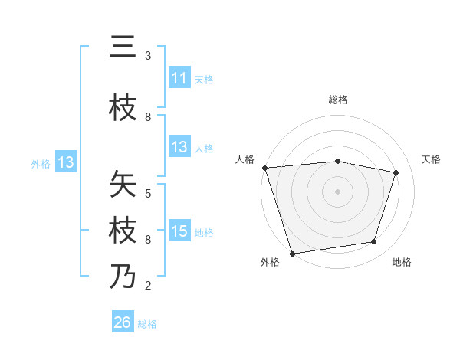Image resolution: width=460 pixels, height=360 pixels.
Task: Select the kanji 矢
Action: [x=123, y=185]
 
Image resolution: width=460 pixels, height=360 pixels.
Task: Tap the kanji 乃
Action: [x=123, y=277]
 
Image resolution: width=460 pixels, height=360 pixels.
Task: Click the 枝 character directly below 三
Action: [x=123, y=108]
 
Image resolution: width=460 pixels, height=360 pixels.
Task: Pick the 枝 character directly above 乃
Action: [x=123, y=231]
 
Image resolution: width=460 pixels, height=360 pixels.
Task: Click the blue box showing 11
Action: [x=179, y=78]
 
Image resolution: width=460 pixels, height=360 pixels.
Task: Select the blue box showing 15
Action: [x=179, y=231]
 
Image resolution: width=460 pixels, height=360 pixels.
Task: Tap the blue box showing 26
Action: [x=123, y=322]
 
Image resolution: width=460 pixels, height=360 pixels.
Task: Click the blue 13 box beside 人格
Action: [x=179, y=147]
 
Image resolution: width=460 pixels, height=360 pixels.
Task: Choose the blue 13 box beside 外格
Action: [x=65, y=162]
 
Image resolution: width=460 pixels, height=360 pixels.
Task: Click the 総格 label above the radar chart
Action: [x=338, y=100]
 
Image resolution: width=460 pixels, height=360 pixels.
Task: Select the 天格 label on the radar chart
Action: [x=432, y=159]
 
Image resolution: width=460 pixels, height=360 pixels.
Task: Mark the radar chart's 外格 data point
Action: [x=292, y=253]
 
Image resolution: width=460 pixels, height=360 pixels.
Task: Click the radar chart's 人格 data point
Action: [x=264, y=167]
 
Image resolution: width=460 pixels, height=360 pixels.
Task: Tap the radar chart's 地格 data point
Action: [x=374, y=242]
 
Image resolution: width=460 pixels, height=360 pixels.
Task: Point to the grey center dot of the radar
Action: [x=337, y=191]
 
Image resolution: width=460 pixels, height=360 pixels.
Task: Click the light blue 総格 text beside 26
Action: [x=147, y=324]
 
